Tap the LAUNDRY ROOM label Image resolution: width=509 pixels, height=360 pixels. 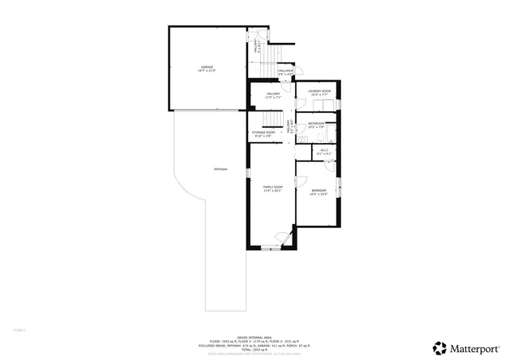pyautogui.click(x=318, y=92)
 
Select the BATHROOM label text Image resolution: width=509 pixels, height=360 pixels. pyautogui.click(x=317, y=125)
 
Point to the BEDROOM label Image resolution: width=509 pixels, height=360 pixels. pyautogui.click(x=319, y=192)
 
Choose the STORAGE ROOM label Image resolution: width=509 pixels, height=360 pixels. pyautogui.click(x=263, y=134)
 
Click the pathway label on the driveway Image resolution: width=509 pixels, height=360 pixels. pyautogui.click(x=220, y=168)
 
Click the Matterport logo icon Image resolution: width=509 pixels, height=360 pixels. pyautogui.click(x=439, y=347)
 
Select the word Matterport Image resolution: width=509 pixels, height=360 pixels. pyautogui.click(x=476, y=348)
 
